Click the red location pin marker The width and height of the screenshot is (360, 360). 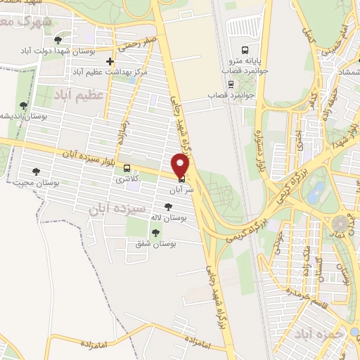tap(181, 166)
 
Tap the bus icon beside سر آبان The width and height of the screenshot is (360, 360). tap(182, 179)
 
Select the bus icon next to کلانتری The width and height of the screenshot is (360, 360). tap(127, 168)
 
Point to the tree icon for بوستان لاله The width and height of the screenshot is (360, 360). tap(167, 207)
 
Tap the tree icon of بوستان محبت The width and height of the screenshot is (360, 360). tap(37, 171)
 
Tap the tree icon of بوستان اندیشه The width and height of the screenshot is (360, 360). tap(23, 105)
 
